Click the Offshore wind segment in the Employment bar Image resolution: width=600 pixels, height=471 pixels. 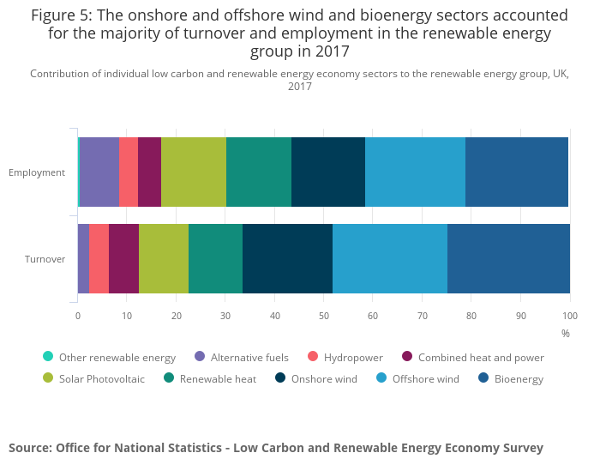(x=415, y=172)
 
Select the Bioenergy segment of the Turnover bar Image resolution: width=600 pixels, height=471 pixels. (x=508, y=258)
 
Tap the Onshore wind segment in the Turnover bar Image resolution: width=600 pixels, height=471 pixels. (x=287, y=258)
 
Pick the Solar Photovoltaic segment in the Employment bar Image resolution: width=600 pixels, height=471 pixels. (x=194, y=172)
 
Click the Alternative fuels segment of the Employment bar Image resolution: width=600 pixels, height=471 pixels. (x=99, y=172)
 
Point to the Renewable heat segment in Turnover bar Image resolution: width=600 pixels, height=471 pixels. (x=215, y=258)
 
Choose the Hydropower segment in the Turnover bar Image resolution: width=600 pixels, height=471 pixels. (x=99, y=258)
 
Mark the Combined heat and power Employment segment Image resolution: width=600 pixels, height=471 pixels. (x=149, y=172)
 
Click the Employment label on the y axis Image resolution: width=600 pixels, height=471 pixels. (x=37, y=172)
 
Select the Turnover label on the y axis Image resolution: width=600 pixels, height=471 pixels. (x=45, y=259)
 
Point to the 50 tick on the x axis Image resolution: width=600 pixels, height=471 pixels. (x=324, y=316)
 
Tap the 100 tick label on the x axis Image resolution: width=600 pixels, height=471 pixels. (x=570, y=316)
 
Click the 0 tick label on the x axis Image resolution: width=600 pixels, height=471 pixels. (x=78, y=316)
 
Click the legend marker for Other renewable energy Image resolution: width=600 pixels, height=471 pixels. (x=48, y=357)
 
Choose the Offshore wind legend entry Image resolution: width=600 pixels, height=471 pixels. (x=425, y=379)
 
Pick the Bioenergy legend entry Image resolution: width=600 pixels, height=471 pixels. (x=519, y=379)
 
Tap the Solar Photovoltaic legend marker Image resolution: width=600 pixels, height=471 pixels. (x=48, y=378)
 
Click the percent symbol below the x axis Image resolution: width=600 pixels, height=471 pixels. (x=565, y=333)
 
